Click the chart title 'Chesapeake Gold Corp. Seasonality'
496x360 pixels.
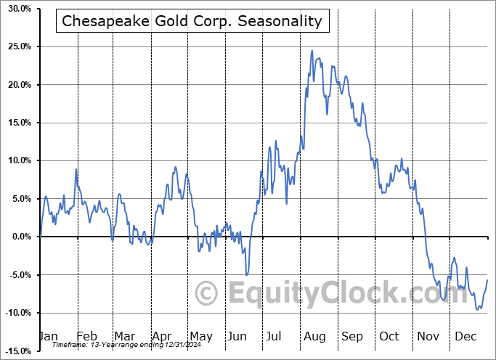point(192,21)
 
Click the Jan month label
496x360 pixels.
point(48,336)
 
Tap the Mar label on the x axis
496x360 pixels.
point(124,336)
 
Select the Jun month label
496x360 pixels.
point(237,336)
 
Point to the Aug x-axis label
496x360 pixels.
point(314,336)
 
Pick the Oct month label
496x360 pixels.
point(389,336)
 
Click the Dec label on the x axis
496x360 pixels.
point(465,336)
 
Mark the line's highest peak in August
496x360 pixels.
point(312,51)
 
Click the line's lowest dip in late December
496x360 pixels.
point(477,310)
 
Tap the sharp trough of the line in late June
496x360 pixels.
point(247,275)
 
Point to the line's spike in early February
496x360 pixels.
point(76,169)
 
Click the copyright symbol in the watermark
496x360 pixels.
point(206,293)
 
